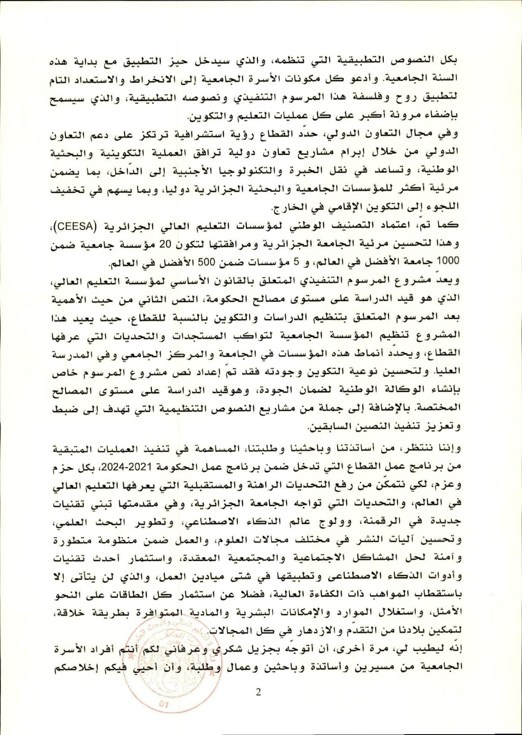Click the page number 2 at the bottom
point(258,692)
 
